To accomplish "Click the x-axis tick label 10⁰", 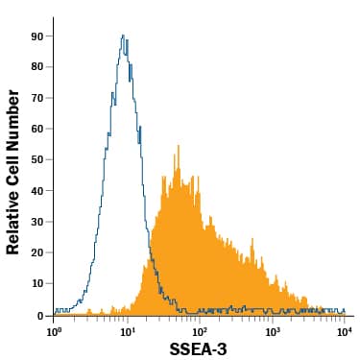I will click(55, 330).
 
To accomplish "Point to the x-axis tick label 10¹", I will click(128, 330).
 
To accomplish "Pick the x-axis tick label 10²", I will click(200, 330).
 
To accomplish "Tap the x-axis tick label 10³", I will click(273, 330).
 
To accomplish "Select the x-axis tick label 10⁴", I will click(345, 330).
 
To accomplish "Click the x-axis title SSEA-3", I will click(199, 349).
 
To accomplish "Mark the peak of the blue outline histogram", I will click(124, 36).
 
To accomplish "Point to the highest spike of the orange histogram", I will click(178, 146).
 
